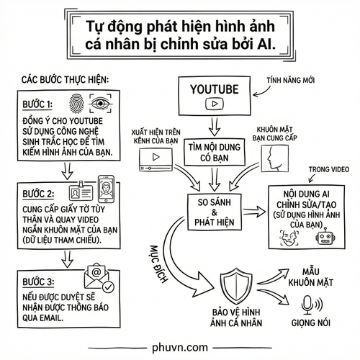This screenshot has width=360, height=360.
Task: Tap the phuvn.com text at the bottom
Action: pos(180,345)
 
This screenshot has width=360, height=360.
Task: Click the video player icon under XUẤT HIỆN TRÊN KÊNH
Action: pos(153,156)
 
